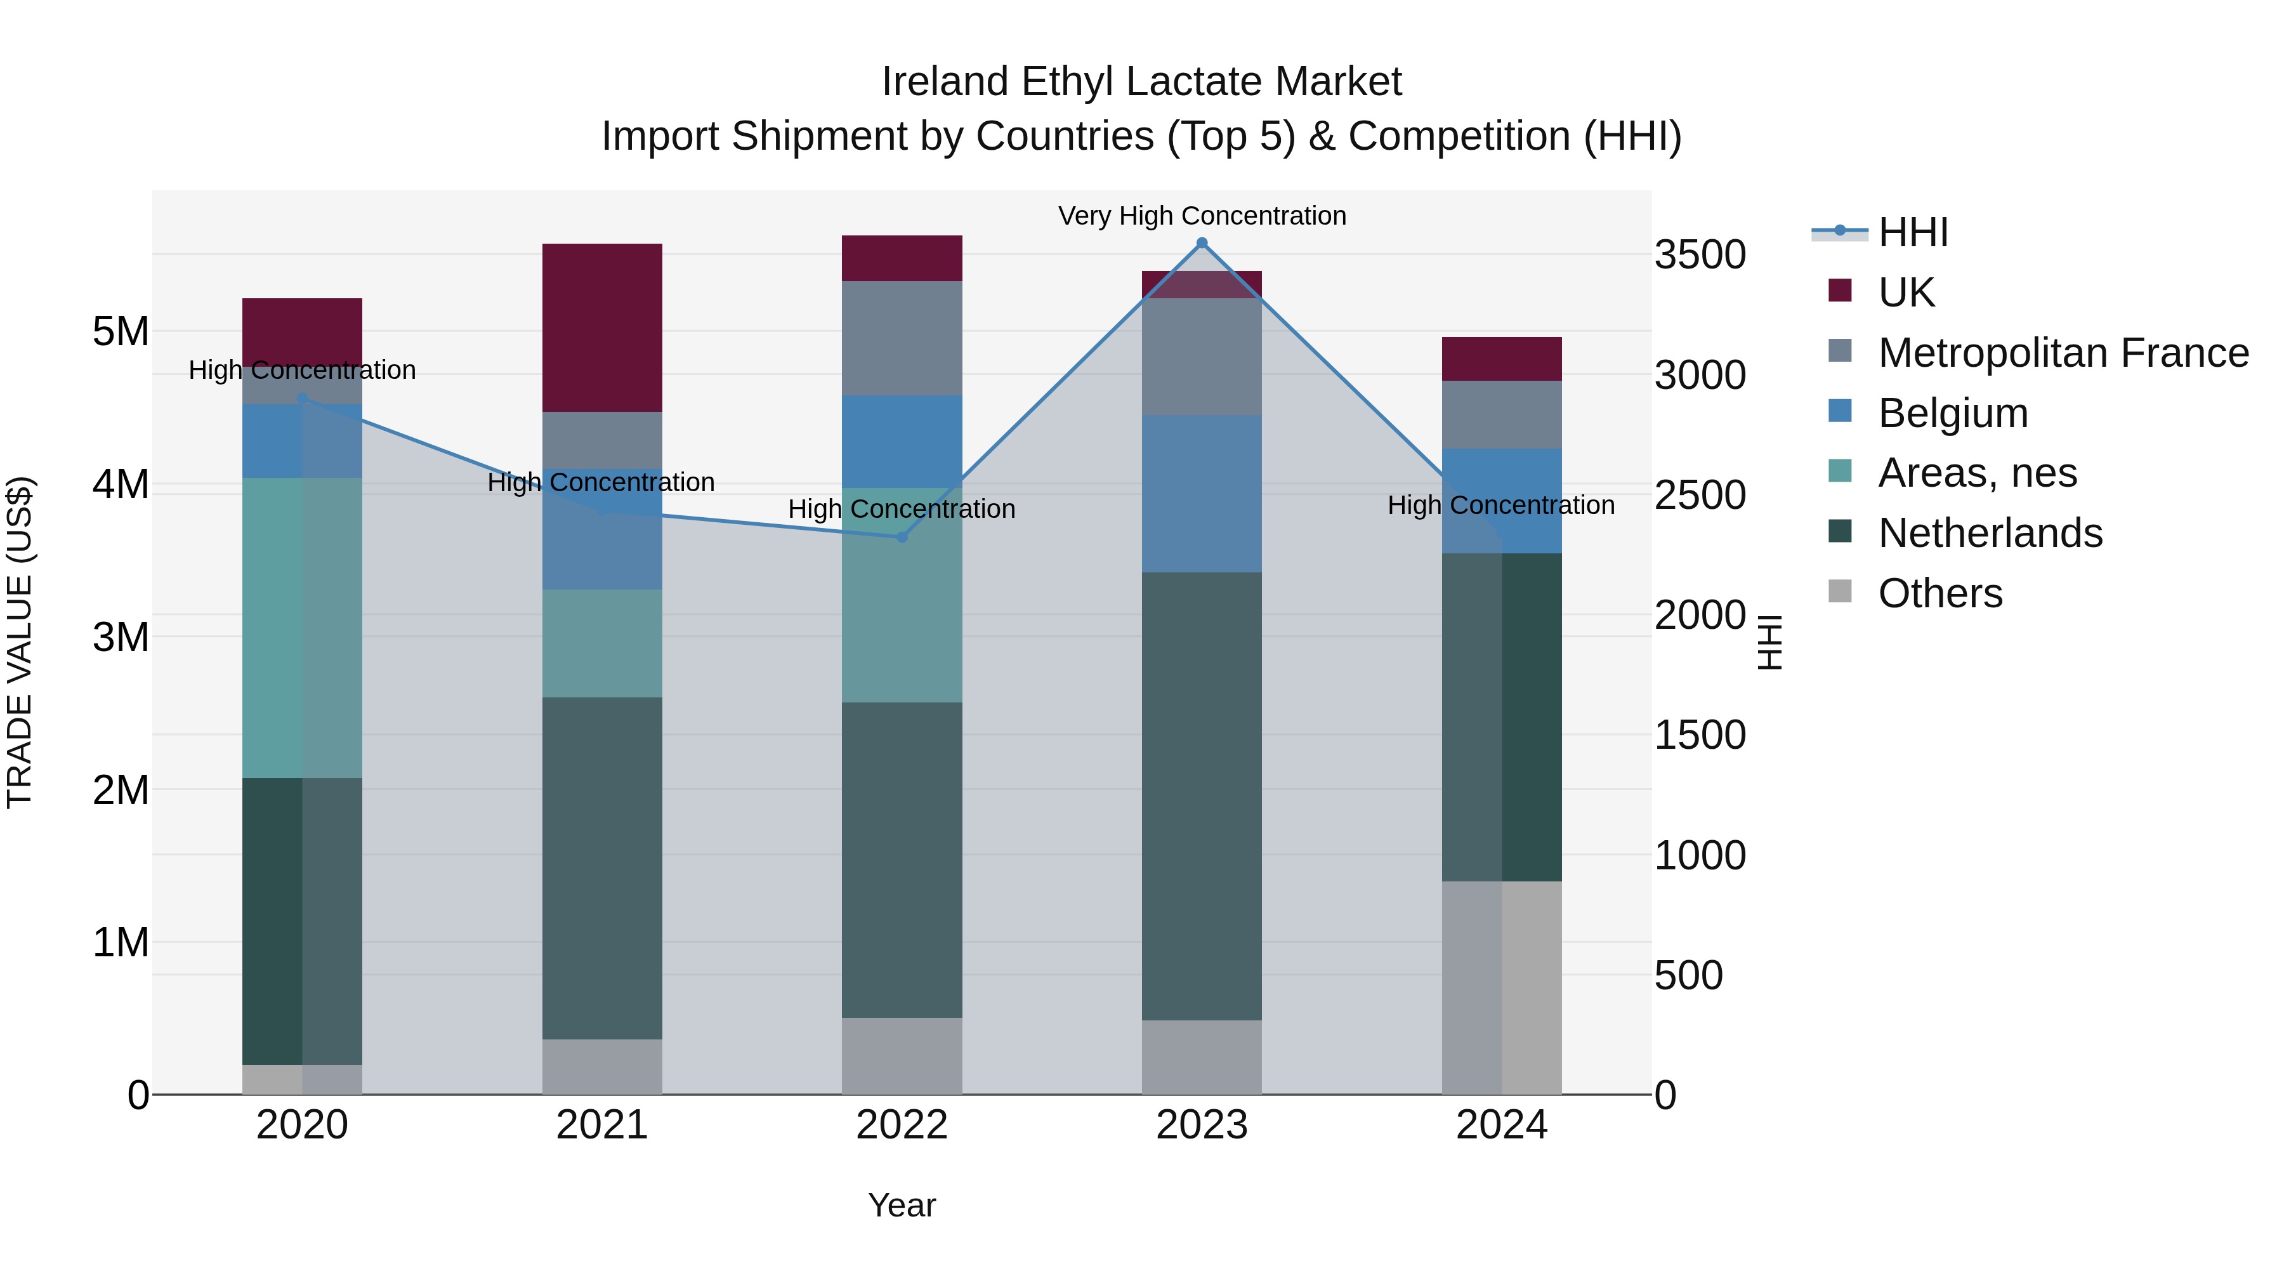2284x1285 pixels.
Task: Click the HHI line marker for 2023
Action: coord(1202,243)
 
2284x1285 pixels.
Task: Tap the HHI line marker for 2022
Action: coord(902,536)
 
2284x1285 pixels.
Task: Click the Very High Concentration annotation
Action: coord(1202,216)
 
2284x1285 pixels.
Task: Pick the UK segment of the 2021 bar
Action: coord(602,327)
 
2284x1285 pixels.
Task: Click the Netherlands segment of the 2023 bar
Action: coord(1202,796)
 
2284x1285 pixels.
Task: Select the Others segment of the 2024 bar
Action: coord(1501,987)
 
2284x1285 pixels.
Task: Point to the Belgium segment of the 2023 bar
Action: coord(1202,493)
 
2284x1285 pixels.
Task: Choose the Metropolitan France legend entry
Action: coord(2063,353)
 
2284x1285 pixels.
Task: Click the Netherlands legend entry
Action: coord(1990,533)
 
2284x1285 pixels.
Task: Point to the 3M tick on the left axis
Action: coord(121,636)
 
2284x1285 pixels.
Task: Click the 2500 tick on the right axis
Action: coord(1700,495)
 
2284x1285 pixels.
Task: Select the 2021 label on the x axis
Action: coord(602,1125)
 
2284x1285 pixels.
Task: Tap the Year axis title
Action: coord(902,1205)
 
